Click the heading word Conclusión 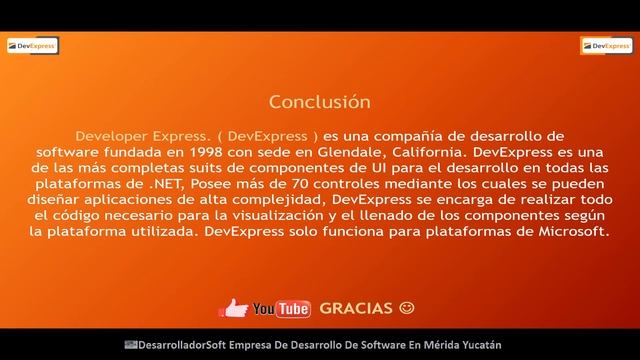click(320, 102)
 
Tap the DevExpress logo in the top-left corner click(33, 45)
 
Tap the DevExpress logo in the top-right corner click(606, 45)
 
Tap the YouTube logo click(281, 308)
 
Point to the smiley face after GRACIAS click(406, 307)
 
